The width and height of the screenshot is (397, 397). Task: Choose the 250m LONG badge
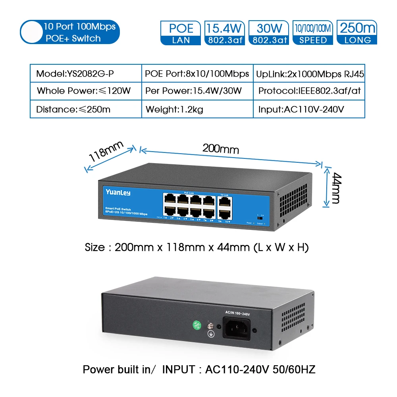tap(357, 33)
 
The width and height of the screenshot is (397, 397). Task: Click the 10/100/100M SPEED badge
tap(313, 33)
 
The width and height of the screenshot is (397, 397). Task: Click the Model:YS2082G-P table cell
tap(86, 73)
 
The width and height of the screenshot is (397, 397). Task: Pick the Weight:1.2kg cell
tap(197, 109)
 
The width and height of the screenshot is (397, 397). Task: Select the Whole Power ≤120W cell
tap(86, 91)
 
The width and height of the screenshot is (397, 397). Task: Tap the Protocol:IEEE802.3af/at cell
tap(309, 91)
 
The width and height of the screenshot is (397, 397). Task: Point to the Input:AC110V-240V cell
tap(309, 109)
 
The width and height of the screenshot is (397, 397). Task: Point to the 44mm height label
tap(336, 187)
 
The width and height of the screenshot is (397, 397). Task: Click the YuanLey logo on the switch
tap(118, 193)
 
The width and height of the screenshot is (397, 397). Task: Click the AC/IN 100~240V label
tap(237, 314)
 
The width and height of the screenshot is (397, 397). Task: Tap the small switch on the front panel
tap(261, 218)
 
